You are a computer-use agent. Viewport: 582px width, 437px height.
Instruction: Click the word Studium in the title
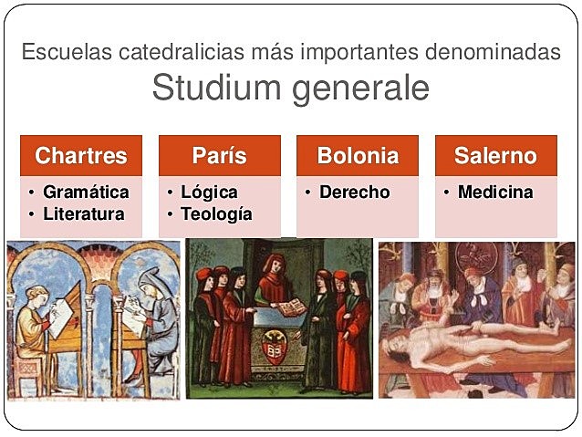click(x=212, y=89)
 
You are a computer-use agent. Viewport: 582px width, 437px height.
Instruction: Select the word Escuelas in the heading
click(x=66, y=51)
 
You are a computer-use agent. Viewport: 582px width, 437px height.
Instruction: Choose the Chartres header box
click(x=80, y=156)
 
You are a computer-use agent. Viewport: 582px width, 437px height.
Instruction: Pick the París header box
click(x=219, y=156)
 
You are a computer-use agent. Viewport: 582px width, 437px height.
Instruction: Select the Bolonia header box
click(x=358, y=156)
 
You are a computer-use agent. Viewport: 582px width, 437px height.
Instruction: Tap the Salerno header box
click(x=495, y=156)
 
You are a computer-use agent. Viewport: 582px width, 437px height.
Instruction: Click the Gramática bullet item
click(x=86, y=192)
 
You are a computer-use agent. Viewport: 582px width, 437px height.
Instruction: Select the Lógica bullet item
click(x=209, y=192)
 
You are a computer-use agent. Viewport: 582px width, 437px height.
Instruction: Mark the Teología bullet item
click(x=216, y=214)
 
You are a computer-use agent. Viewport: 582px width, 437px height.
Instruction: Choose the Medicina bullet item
click(x=495, y=192)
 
